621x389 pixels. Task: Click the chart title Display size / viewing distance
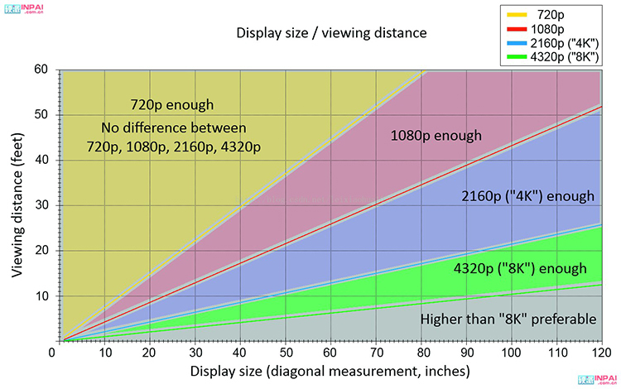point(331,33)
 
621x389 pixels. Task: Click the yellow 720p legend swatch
point(518,15)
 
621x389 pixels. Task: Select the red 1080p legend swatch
point(518,28)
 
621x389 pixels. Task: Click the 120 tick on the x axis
point(598,353)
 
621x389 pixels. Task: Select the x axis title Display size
point(330,370)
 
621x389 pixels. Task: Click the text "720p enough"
point(172,105)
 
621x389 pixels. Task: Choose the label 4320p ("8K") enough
point(520,268)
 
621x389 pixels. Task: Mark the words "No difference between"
point(174,127)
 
